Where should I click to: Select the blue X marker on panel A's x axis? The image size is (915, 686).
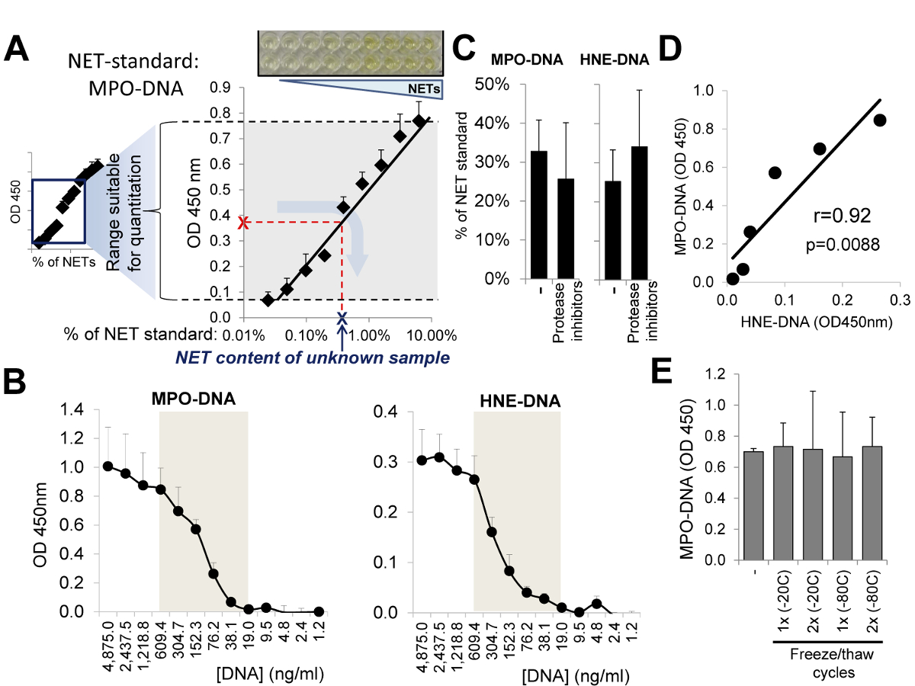pyautogui.click(x=342, y=317)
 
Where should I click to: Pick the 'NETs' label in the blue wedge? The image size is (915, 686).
pyautogui.click(x=428, y=88)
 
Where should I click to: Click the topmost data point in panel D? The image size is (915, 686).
pyautogui.click(x=879, y=120)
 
